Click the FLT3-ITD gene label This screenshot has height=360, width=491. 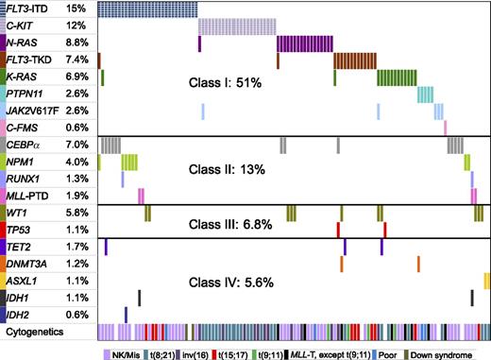click(30, 9)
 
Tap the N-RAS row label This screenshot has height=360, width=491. click(26, 43)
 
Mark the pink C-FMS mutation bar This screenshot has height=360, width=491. click(445, 128)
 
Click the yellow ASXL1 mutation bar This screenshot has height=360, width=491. click(486, 281)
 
